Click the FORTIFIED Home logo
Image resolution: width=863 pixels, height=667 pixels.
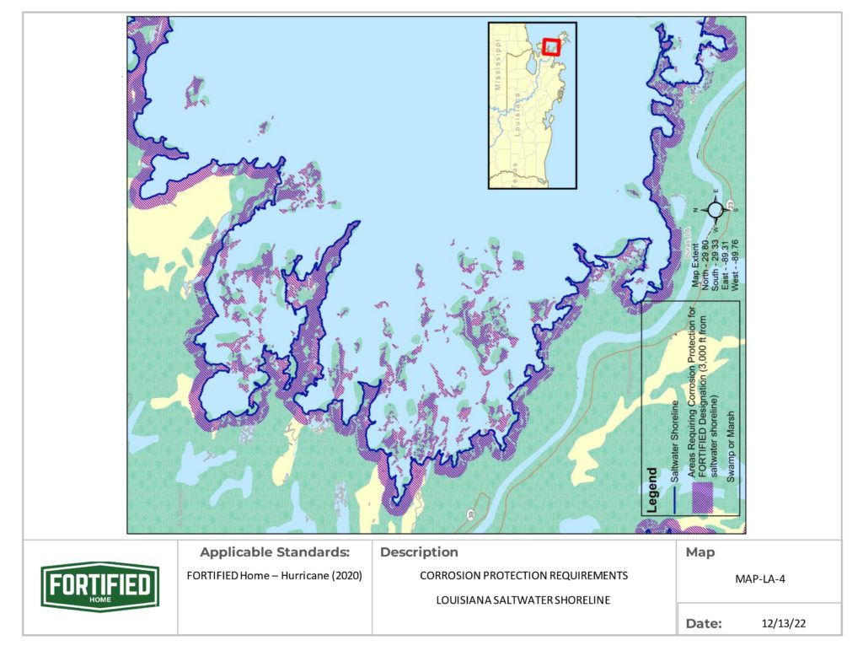[x=99, y=587]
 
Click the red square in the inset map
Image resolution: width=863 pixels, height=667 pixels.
[x=550, y=46]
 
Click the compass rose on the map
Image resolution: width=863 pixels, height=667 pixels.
[x=715, y=209]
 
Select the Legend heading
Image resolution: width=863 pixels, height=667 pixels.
[x=651, y=490]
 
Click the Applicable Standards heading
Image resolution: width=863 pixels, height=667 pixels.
[x=275, y=553]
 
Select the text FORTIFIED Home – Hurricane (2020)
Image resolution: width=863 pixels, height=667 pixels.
[x=275, y=577]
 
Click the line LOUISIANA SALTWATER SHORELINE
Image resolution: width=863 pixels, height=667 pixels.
[x=523, y=600]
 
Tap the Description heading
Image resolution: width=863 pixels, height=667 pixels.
[x=420, y=553]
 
